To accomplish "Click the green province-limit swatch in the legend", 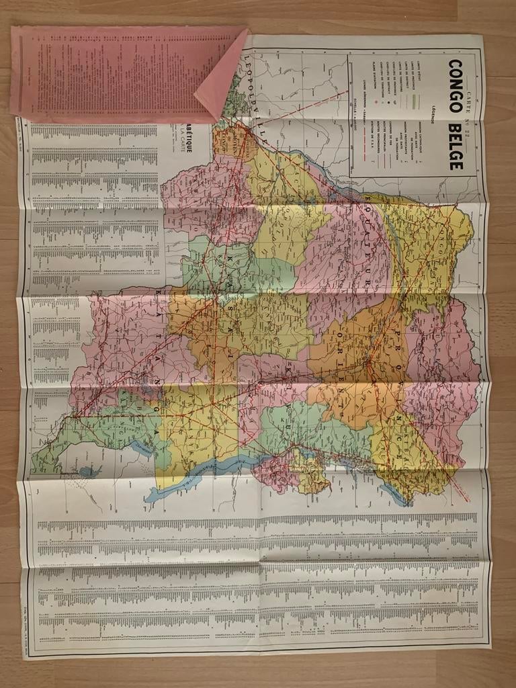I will pyautogui.click(x=417, y=101).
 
